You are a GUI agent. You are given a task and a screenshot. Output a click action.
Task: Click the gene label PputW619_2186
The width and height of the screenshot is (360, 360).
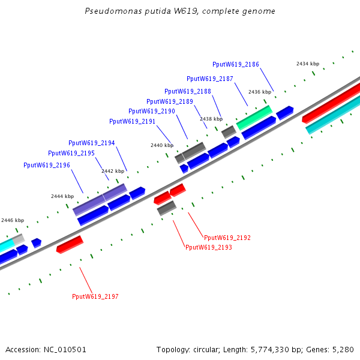coord(236,64)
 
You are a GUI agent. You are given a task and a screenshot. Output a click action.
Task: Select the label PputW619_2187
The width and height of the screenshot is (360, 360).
coord(210,79)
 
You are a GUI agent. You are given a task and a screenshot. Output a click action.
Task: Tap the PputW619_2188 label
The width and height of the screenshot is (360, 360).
coord(188,91)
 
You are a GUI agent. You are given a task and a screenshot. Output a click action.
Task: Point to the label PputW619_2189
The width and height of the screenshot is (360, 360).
coord(169,101)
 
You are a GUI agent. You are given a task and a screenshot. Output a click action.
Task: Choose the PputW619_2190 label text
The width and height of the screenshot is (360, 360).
coord(152,111)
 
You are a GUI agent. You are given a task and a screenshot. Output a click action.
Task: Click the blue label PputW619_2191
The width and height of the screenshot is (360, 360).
coord(132,121)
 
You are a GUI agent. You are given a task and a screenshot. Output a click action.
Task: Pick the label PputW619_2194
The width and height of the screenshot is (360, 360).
coord(92,143)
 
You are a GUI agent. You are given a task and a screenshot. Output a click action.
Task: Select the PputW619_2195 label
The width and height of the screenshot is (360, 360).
coord(71,153)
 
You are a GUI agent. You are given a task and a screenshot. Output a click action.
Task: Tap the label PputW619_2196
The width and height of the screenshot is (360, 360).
coord(47,165)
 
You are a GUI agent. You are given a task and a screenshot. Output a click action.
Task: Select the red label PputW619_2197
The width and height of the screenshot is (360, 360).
coord(95,296)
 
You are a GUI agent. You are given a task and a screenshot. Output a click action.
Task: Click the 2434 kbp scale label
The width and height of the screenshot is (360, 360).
coord(308,64)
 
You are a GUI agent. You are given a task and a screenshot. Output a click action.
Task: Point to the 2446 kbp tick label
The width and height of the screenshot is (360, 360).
coord(13,220)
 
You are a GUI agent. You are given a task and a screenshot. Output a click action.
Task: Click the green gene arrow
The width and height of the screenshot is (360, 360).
coord(254,117)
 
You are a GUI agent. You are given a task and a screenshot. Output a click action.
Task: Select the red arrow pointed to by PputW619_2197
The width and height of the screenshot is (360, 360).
coord(70,244)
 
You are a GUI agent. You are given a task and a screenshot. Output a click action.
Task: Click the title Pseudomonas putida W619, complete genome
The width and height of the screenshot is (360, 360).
coord(180,11)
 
